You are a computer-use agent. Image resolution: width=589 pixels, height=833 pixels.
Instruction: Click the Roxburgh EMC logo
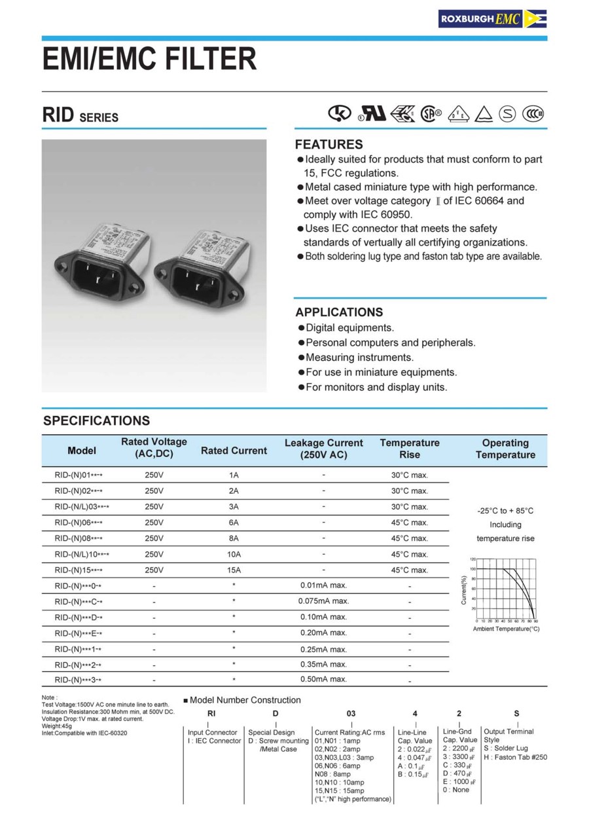pyautogui.click(x=492, y=18)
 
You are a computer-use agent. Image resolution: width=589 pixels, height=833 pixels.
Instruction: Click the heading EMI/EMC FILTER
pyautogui.click(x=150, y=58)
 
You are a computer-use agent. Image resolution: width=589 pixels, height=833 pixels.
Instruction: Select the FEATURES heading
pyautogui.click(x=329, y=144)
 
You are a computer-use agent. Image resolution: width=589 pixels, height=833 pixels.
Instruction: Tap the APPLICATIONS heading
pyautogui.click(x=339, y=312)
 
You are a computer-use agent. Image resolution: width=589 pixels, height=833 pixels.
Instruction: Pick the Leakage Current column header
pyautogui.click(x=323, y=449)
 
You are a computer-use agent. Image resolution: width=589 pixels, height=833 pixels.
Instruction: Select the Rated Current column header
pyautogui.click(x=234, y=451)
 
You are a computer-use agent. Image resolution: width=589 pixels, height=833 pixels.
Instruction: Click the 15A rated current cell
pyautogui.click(x=234, y=570)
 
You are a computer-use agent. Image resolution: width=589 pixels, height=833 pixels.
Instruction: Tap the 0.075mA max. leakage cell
pyautogui.click(x=323, y=601)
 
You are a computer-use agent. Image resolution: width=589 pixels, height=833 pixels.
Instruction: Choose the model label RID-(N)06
pyautogui.click(x=79, y=523)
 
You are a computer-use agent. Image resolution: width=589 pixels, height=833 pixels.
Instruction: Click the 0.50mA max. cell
pyautogui.click(x=323, y=679)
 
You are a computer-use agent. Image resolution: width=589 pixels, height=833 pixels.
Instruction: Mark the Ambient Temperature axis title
pyautogui.click(x=506, y=629)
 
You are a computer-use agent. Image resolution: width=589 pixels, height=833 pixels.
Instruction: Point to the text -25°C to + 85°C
pyautogui.click(x=505, y=510)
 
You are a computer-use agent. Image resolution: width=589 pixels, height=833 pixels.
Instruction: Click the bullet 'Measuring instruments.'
pyautogui.click(x=359, y=358)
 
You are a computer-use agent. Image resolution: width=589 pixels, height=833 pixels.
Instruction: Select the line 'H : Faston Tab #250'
pyautogui.click(x=515, y=757)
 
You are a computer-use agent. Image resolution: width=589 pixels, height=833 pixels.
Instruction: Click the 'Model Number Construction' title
pyautogui.click(x=245, y=700)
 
